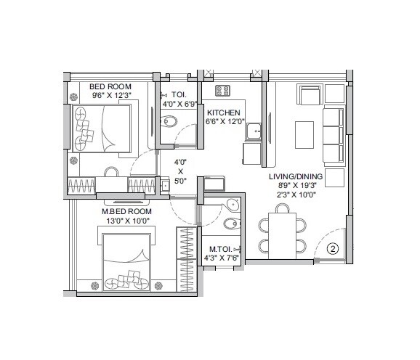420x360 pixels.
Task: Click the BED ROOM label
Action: coord(110,86)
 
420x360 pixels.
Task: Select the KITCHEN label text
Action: coord(225,112)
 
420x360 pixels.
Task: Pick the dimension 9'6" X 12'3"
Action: coord(110,95)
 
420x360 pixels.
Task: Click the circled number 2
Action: coord(333,249)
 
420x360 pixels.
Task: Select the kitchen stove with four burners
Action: coord(223,91)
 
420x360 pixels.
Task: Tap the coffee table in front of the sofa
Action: coord(304,134)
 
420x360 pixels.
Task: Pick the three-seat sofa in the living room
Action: coord(333,136)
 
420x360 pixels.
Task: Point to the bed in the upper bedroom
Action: coord(102,128)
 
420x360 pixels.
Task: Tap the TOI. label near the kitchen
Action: coord(179,94)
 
